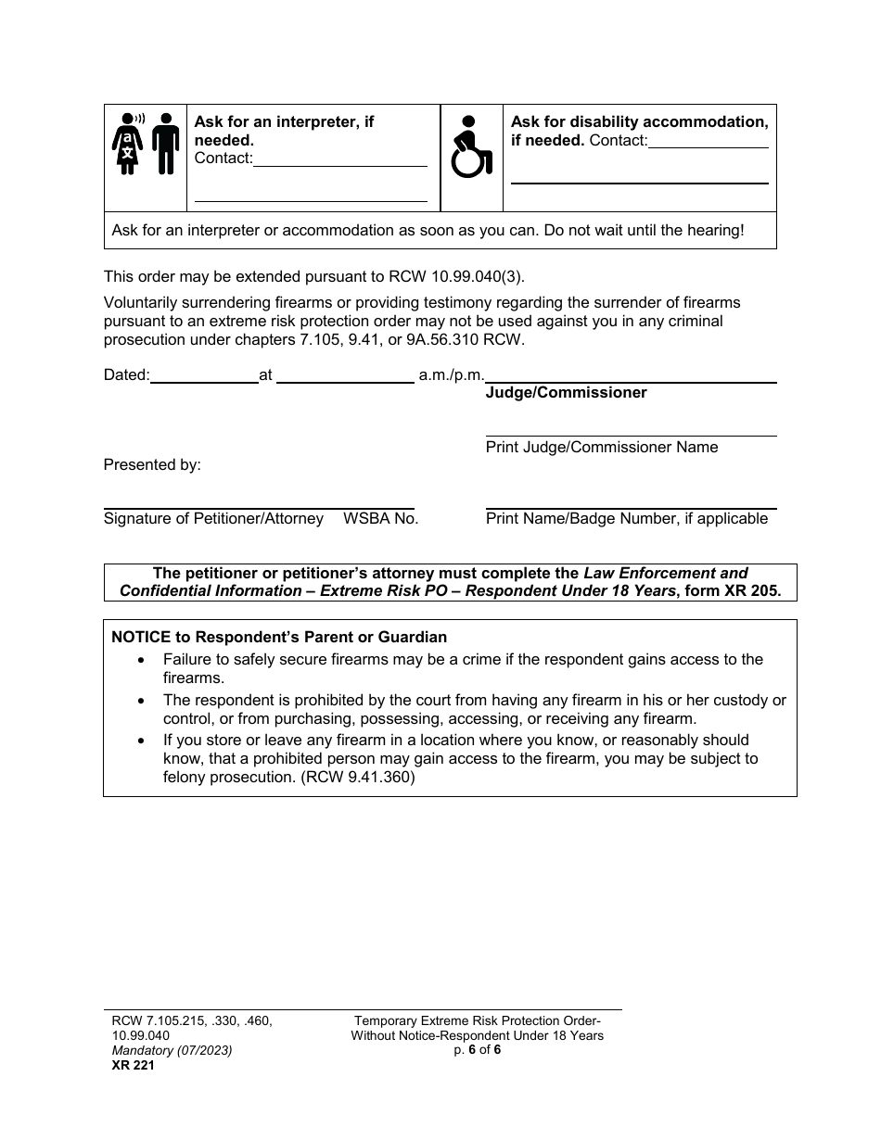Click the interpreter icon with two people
coord(146,144)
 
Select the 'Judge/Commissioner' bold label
coord(566,393)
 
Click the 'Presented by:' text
coord(152,465)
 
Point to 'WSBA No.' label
coord(381,519)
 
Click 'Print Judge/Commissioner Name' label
coord(602,448)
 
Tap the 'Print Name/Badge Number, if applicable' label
coord(627,519)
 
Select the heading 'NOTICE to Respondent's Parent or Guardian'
coord(279,638)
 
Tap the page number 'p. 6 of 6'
coord(477,1050)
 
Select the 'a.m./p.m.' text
coord(452,375)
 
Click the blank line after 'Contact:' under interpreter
coord(340,158)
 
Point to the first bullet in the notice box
coord(141,660)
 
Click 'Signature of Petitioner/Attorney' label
coord(213,519)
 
